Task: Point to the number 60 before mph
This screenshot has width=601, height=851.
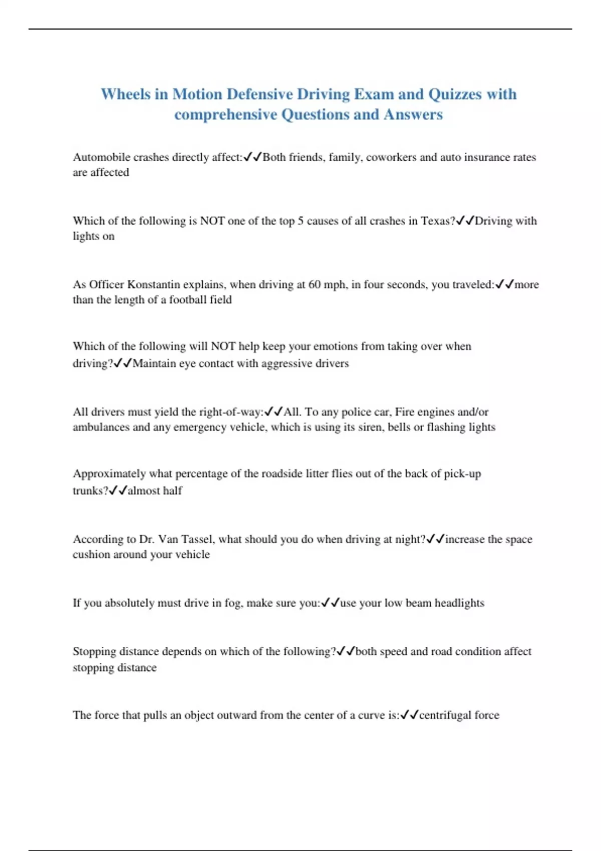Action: [315, 284]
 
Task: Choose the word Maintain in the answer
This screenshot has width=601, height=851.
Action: [154, 363]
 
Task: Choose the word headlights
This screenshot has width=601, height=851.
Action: [459, 603]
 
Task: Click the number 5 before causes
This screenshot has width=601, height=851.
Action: [300, 221]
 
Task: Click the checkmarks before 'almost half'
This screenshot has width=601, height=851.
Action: [118, 491]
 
